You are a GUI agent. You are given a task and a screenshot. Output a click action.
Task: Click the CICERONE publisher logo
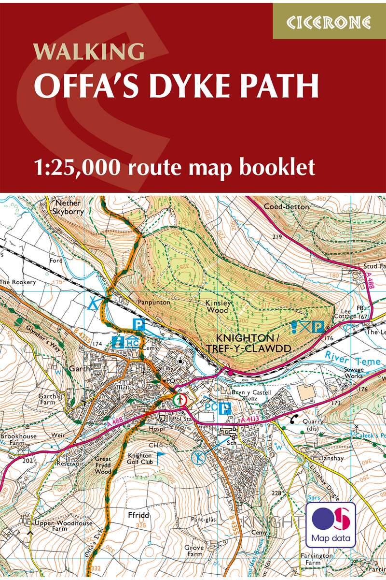[x=329, y=22]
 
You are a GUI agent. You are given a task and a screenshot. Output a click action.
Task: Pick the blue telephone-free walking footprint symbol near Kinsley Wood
[x=296, y=327]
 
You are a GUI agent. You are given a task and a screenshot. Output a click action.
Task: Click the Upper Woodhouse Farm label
[x=54, y=526]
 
